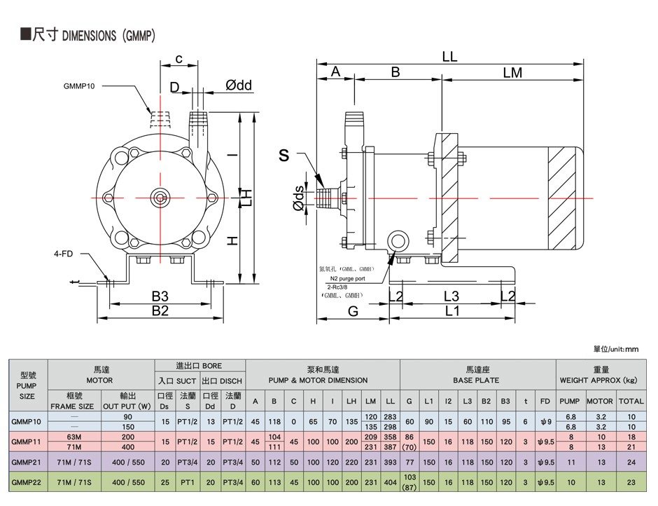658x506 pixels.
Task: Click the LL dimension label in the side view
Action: pyautogui.click(x=449, y=57)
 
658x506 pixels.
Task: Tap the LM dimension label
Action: pyautogui.click(x=512, y=73)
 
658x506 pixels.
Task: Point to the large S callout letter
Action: pyautogui.click(x=284, y=156)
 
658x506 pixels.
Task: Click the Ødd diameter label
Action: pyautogui.click(x=239, y=86)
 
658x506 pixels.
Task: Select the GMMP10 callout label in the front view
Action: pyautogui.click(x=79, y=86)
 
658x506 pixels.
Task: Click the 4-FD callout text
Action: pyautogui.click(x=64, y=254)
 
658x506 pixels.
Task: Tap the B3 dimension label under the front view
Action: pyautogui.click(x=160, y=296)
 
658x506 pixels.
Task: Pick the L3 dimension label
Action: pyautogui.click(x=451, y=296)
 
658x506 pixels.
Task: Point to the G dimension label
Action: pyautogui.click(x=353, y=311)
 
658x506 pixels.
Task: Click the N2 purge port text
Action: pyautogui.click(x=347, y=279)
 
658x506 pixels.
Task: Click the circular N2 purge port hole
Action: pyautogui.click(x=397, y=241)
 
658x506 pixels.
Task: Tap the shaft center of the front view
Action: pyautogui.click(x=160, y=198)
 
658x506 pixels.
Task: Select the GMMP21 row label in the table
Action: pyautogui.click(x=27, y=463)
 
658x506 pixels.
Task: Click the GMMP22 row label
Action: pyautogui.click(x=27, y=482)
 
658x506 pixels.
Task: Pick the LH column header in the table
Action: pyautogui.click(x=351, y=402)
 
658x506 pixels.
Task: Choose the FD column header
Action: pyautogui.click(x=545, y=402)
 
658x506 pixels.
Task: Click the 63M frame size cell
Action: pyautogui.click(x=74, y=437)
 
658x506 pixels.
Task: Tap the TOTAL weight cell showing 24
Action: pyautogui.click(x=631, y=463)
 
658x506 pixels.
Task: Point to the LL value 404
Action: pyautogui.click(x=391, y=482)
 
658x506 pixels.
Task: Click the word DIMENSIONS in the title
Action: pyautogui.click(x=89, y=36)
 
